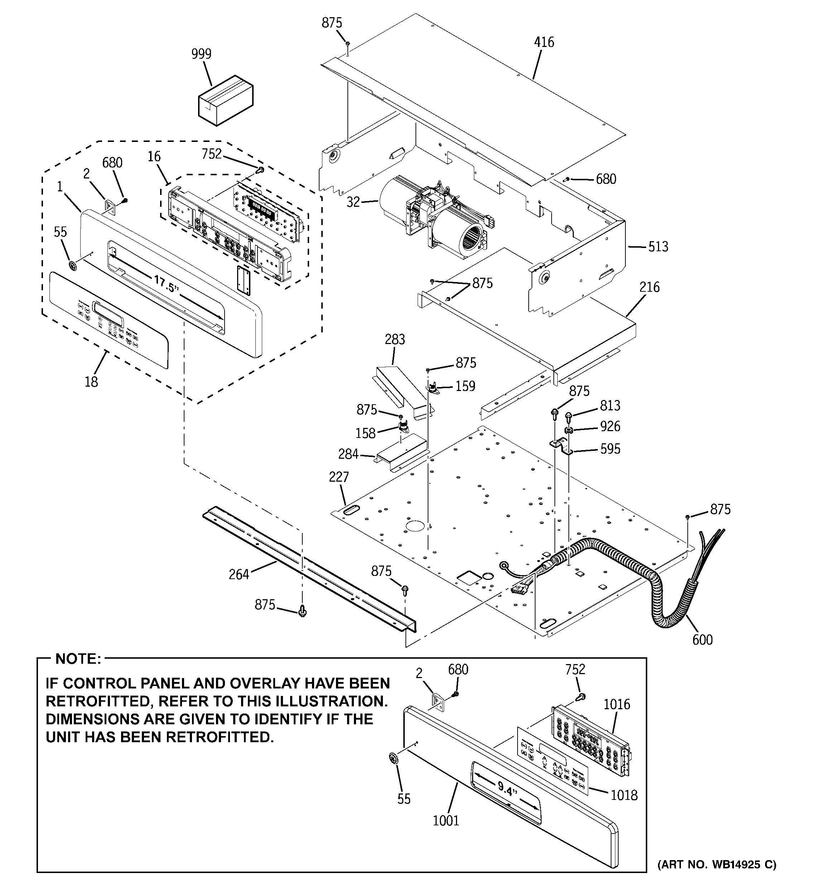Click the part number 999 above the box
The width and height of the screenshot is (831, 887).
[x=201, y=54]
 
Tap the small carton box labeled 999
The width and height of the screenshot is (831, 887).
[x=225, y=102]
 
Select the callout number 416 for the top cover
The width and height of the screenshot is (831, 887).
[x=544, y=42]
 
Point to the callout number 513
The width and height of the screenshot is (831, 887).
[x=658, y=247]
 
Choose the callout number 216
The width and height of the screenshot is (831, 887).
[x=649, y=287]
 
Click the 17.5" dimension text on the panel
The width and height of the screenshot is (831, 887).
[x=166, y=284]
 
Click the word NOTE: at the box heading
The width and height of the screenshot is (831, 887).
[x=78, y=659]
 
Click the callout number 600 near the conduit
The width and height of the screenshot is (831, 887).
[x=702, y=640]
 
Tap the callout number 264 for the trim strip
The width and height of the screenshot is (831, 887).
[x=239, y=574]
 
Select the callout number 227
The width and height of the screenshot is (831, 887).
[x=338, y=477]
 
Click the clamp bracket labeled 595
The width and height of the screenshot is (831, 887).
[x=562, y=447]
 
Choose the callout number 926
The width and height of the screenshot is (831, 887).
[x=610, y=426]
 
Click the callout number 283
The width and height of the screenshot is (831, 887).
[x=395, y=339]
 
